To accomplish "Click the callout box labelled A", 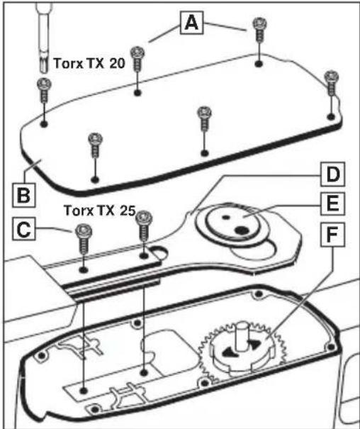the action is (x=191, y=23).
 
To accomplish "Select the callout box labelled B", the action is (x=24, y=195).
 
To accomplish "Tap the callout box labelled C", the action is (x=24, y=229).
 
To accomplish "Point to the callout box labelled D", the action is (x=332, y=174).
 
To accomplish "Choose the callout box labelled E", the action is (x=332, y=204).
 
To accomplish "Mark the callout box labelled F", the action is (x=332, y=235).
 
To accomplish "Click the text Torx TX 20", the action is (x=89, y=64).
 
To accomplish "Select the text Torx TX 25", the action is (x=100, y=211).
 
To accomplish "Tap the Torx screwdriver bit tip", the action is (x=43, y=65).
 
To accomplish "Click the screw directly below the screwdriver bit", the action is (x=44, y=90).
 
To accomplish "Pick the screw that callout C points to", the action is (x=84, y=238).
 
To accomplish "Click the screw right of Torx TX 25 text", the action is (x=144, y=225).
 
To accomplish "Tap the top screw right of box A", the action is (x=259, y=30).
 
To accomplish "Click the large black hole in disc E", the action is (x=242, y=230).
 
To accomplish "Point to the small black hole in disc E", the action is (x=226, y=217).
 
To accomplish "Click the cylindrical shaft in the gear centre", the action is (x=242, y=336).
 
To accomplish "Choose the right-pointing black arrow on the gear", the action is (x=254, y=344).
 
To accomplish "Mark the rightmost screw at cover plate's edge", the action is (x=332, y=83).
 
